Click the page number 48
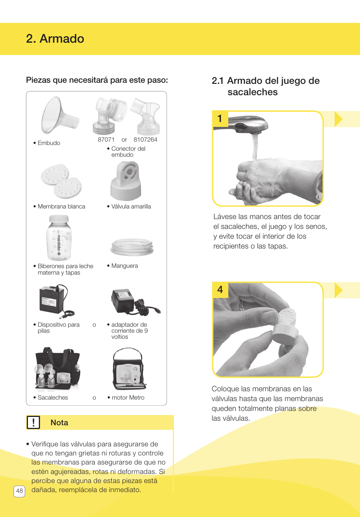19,491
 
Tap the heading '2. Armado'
55,39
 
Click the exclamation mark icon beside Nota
33,422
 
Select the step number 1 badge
220,119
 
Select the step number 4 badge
220,290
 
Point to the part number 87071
106,139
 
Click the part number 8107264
145,139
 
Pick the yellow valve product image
126,181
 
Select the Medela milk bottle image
59,238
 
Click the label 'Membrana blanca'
61,207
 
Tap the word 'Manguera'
125,266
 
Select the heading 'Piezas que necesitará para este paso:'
97,80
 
